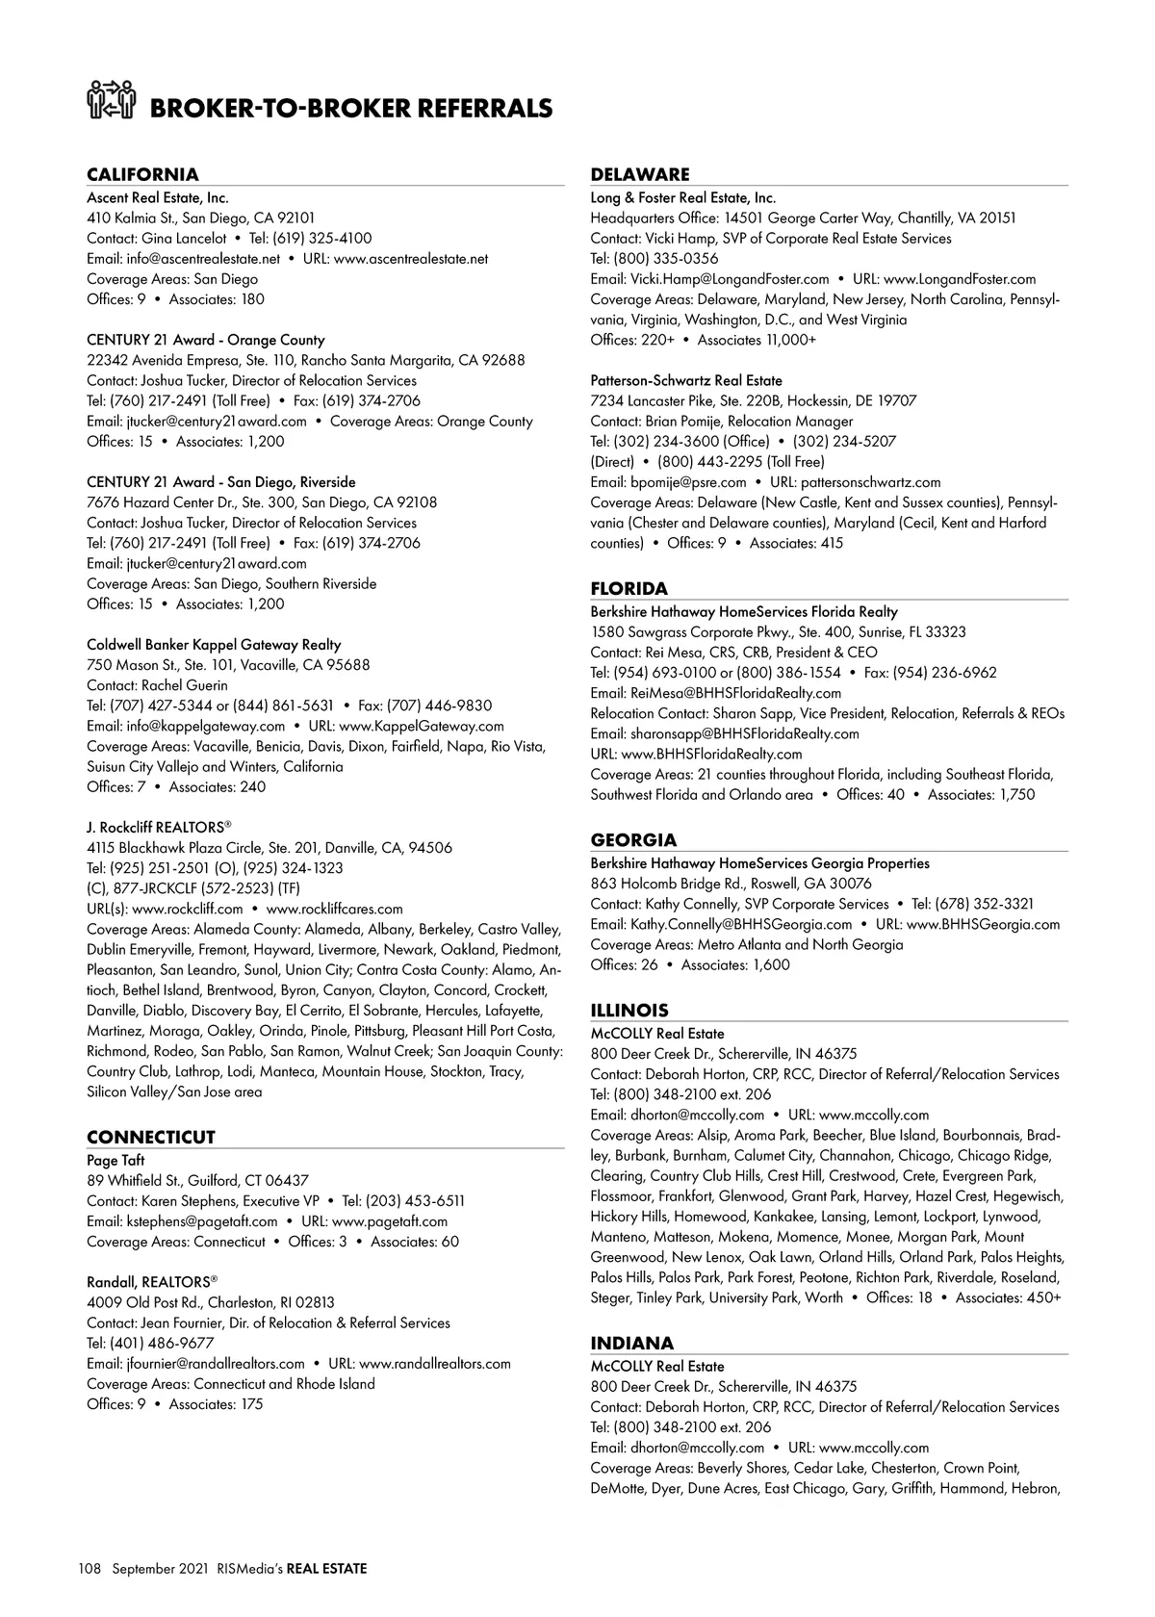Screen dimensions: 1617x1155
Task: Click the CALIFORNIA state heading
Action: pos(142,174)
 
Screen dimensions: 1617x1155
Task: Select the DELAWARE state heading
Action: pos(640,174)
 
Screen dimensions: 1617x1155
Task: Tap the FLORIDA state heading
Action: pos(629,588)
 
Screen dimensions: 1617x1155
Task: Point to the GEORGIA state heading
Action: pos(633,839)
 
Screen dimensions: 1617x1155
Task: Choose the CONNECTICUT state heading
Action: pos(151,1137)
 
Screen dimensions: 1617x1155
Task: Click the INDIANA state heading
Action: pos(631,1343)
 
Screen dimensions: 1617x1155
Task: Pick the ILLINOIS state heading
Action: pos(629,1010)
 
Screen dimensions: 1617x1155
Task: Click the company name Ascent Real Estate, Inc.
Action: pos(158,197)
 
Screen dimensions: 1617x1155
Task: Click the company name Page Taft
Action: pos(115,1160)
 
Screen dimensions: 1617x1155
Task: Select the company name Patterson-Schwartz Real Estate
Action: pos(686,380)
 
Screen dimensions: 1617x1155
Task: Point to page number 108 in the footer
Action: pos(90,1568)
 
